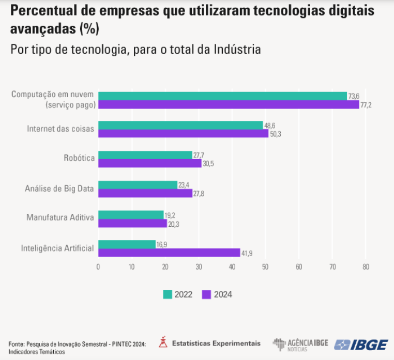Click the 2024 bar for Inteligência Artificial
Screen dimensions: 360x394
click(x=169, y=253)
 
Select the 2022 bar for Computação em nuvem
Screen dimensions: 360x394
click(x=222, y=96)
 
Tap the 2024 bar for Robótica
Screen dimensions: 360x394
click(x=150, y=163)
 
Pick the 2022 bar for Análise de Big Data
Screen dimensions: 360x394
click(x=138, y=185)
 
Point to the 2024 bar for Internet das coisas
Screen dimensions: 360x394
click(x=183, y=134)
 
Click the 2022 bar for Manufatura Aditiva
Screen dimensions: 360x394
click(x=131, y=214)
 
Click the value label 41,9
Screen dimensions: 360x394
click(x=247, y=253)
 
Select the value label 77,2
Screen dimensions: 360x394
click(x=366, y=105)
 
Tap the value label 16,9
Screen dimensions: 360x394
click(x=162, y=245)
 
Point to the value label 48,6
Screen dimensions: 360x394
click(x=270, y=126)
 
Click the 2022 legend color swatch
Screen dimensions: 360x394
click(x=168, y=294)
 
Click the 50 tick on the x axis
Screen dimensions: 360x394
click(x=265, y=267)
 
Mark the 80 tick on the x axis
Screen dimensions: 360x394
click(x=366, y=267)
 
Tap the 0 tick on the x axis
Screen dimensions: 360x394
click(x=98, y=267)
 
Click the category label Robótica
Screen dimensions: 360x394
click(x=79, y=159)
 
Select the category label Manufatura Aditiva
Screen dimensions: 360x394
click(x=60, y=217)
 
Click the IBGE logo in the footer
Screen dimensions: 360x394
click(x=361, y=345)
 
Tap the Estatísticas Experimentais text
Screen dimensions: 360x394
click(x=216, y=343)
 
